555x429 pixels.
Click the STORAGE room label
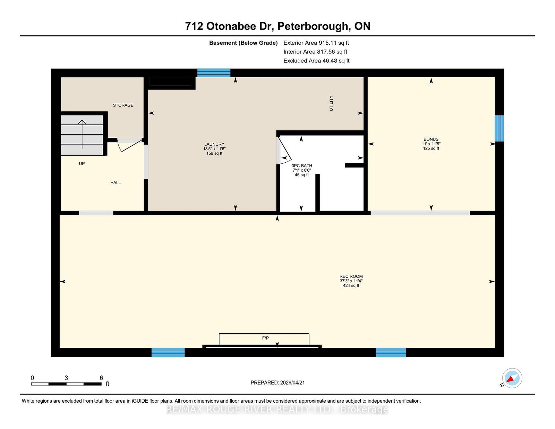[123, 105]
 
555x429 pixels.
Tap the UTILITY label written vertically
[331, 103]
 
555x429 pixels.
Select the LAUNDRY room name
[214, 144]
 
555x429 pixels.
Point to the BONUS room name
[431, 139]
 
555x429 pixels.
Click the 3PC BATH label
[302, 166]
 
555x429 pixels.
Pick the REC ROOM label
[351, 276]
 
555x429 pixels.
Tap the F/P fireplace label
[265, 338]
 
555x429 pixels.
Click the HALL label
[116, 182]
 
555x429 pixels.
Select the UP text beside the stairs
[82, 163]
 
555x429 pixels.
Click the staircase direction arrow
[82, 134]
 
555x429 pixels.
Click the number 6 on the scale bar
[101, 378]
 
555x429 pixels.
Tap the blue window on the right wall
[499, 128]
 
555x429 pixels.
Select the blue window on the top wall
[214, 73]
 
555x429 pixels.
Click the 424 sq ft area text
[351, 285]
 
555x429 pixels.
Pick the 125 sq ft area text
[431, 148]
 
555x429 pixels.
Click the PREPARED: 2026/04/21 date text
[277, 383]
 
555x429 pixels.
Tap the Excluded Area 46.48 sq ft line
[316, 61]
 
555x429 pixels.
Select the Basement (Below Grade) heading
[244, 43]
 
